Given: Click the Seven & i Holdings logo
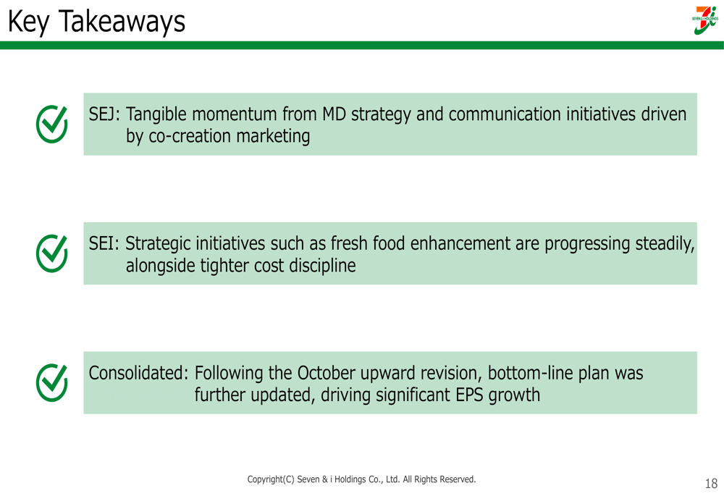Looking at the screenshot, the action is (x=705, y=20).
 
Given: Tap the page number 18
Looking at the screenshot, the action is (x=711, y=484).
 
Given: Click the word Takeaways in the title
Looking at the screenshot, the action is (x=122, y=22).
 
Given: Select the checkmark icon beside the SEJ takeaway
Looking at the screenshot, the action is (x=51, y=124).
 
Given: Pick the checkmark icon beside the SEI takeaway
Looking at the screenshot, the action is (x=51, y=253).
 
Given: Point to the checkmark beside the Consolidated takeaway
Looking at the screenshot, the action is (x=51, y=382).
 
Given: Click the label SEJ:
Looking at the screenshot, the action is (x=104, y=114).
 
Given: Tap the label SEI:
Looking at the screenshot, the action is (x=104, y=243).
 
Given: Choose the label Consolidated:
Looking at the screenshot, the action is (x=138, y=373).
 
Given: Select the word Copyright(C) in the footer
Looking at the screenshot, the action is (x=271, y=479).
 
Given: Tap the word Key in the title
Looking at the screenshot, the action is (x=28, y=22).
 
